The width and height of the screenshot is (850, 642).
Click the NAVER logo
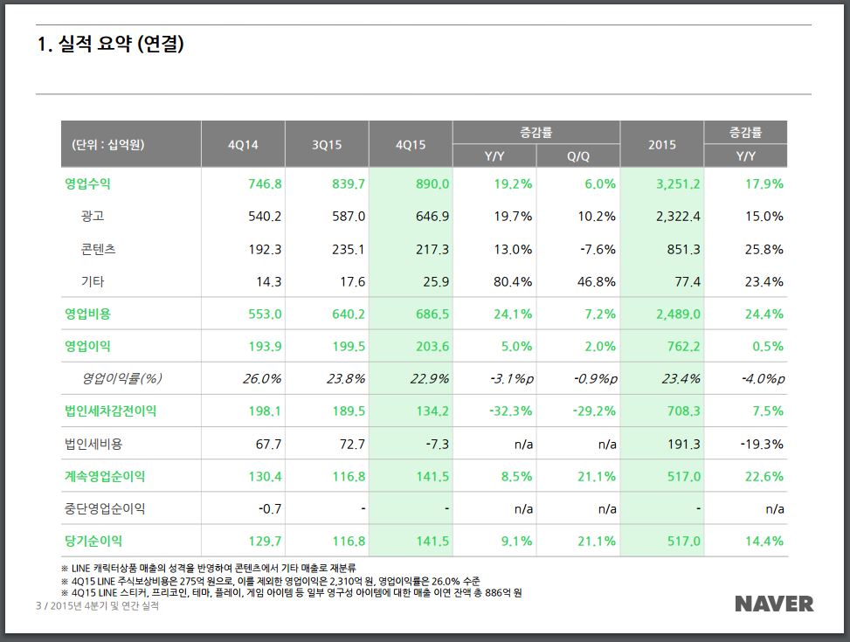pos(773,604)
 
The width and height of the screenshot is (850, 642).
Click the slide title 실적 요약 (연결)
pos(110,45)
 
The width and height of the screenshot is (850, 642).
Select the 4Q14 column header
pos(243,145)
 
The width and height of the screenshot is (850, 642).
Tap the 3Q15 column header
pos(327,145)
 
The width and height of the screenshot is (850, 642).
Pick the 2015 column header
pos(661,145)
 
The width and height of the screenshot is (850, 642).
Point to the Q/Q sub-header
pos(577,156)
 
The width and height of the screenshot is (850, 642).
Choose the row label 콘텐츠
pos(98,249)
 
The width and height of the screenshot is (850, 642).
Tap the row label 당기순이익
pos(93,542)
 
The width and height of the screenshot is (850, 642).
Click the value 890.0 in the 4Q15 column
pos(432,184)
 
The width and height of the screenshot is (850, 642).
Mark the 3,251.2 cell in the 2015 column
pos(678,184)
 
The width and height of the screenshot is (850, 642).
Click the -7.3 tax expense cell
pos(438,445)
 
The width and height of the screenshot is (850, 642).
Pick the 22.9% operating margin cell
pos(430,379)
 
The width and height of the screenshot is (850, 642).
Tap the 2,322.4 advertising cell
pos(678,217)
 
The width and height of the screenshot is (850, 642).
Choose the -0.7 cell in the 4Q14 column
pos(269,509)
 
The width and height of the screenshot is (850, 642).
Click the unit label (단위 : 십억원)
pos(107,145)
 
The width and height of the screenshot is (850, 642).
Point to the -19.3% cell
pos(762,445)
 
